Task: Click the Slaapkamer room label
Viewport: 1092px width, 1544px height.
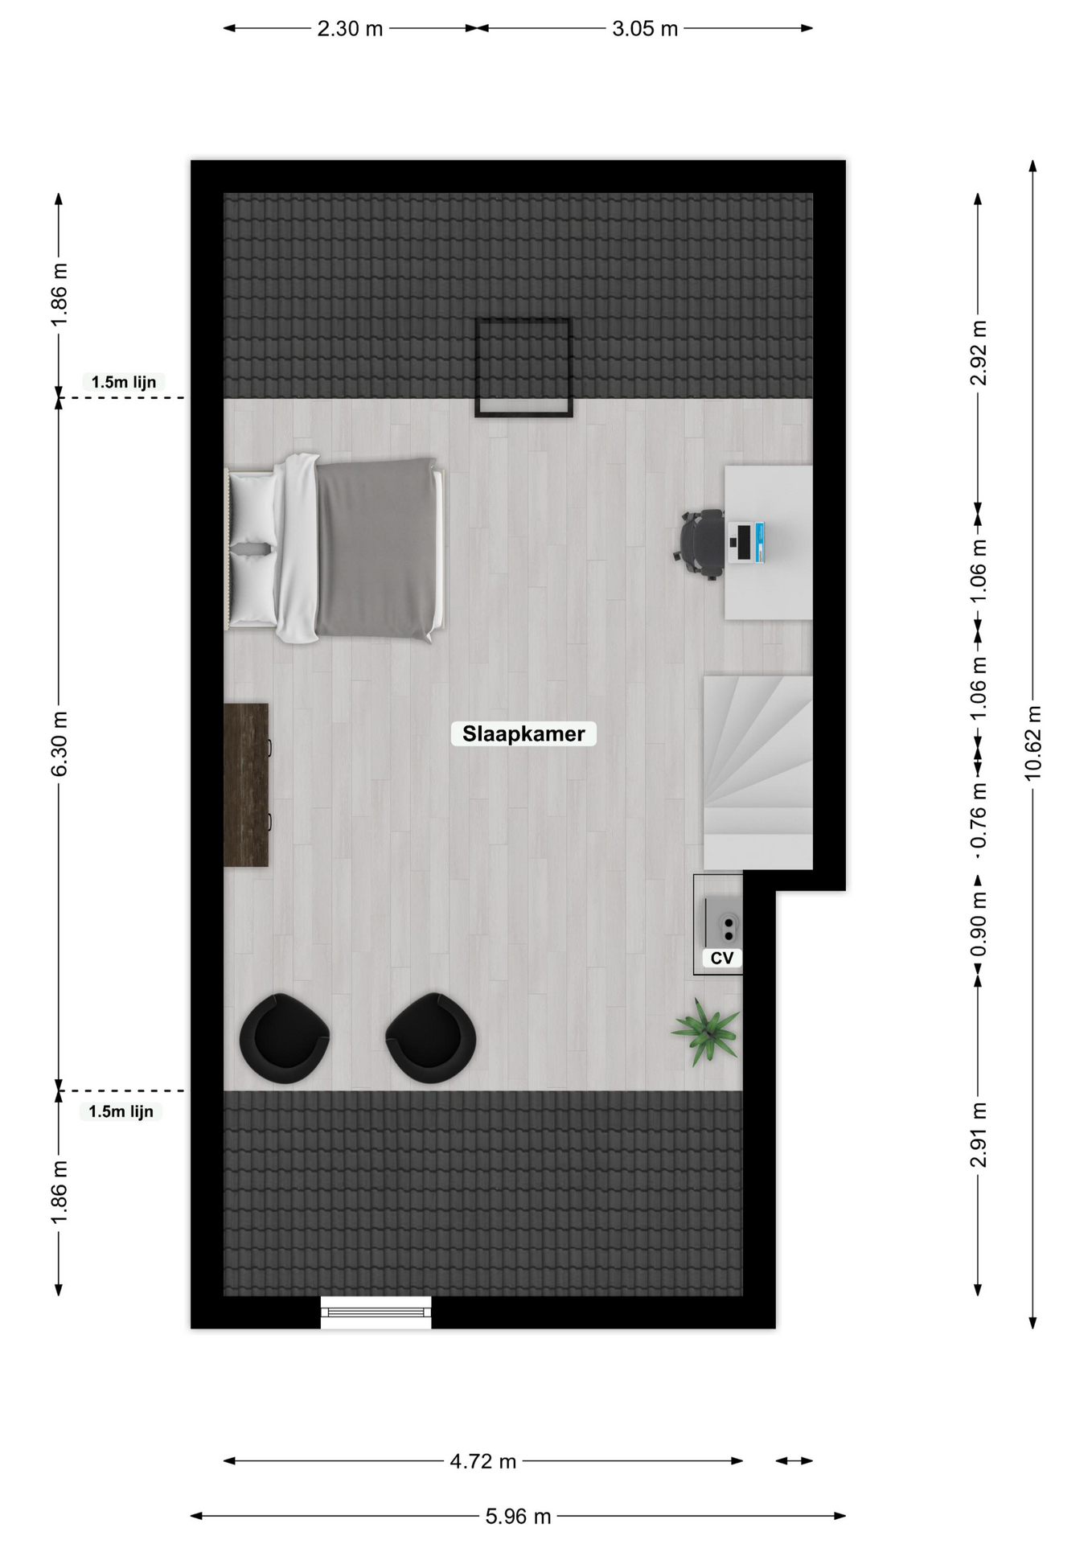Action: click(523, 733)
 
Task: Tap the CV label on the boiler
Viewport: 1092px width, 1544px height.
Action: click(722, 958)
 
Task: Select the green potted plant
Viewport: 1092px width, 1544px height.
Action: click(706, 1032)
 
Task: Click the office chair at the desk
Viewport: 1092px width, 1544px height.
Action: click(699, 544)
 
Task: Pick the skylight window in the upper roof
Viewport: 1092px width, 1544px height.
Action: click(523, 368)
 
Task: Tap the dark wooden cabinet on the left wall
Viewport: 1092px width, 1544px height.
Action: click(246, 785)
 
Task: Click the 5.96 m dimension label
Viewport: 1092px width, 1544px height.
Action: click(518, 1516)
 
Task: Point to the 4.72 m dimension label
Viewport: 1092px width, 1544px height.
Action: click(482, 1460)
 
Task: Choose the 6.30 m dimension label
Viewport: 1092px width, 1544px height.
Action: click(59, 743)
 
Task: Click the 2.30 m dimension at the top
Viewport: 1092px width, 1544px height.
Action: click(350, 29)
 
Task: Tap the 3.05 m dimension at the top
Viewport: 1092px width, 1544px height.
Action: click(645, 29)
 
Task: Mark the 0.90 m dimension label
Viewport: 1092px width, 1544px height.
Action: click(978, 925)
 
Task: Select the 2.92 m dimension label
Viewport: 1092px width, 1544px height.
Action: click(979, 352)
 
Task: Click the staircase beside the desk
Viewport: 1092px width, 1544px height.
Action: click(758, 772)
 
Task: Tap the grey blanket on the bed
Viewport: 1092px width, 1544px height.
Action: click(376, 548)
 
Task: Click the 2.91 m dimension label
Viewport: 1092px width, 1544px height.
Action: click(978, 1134)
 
